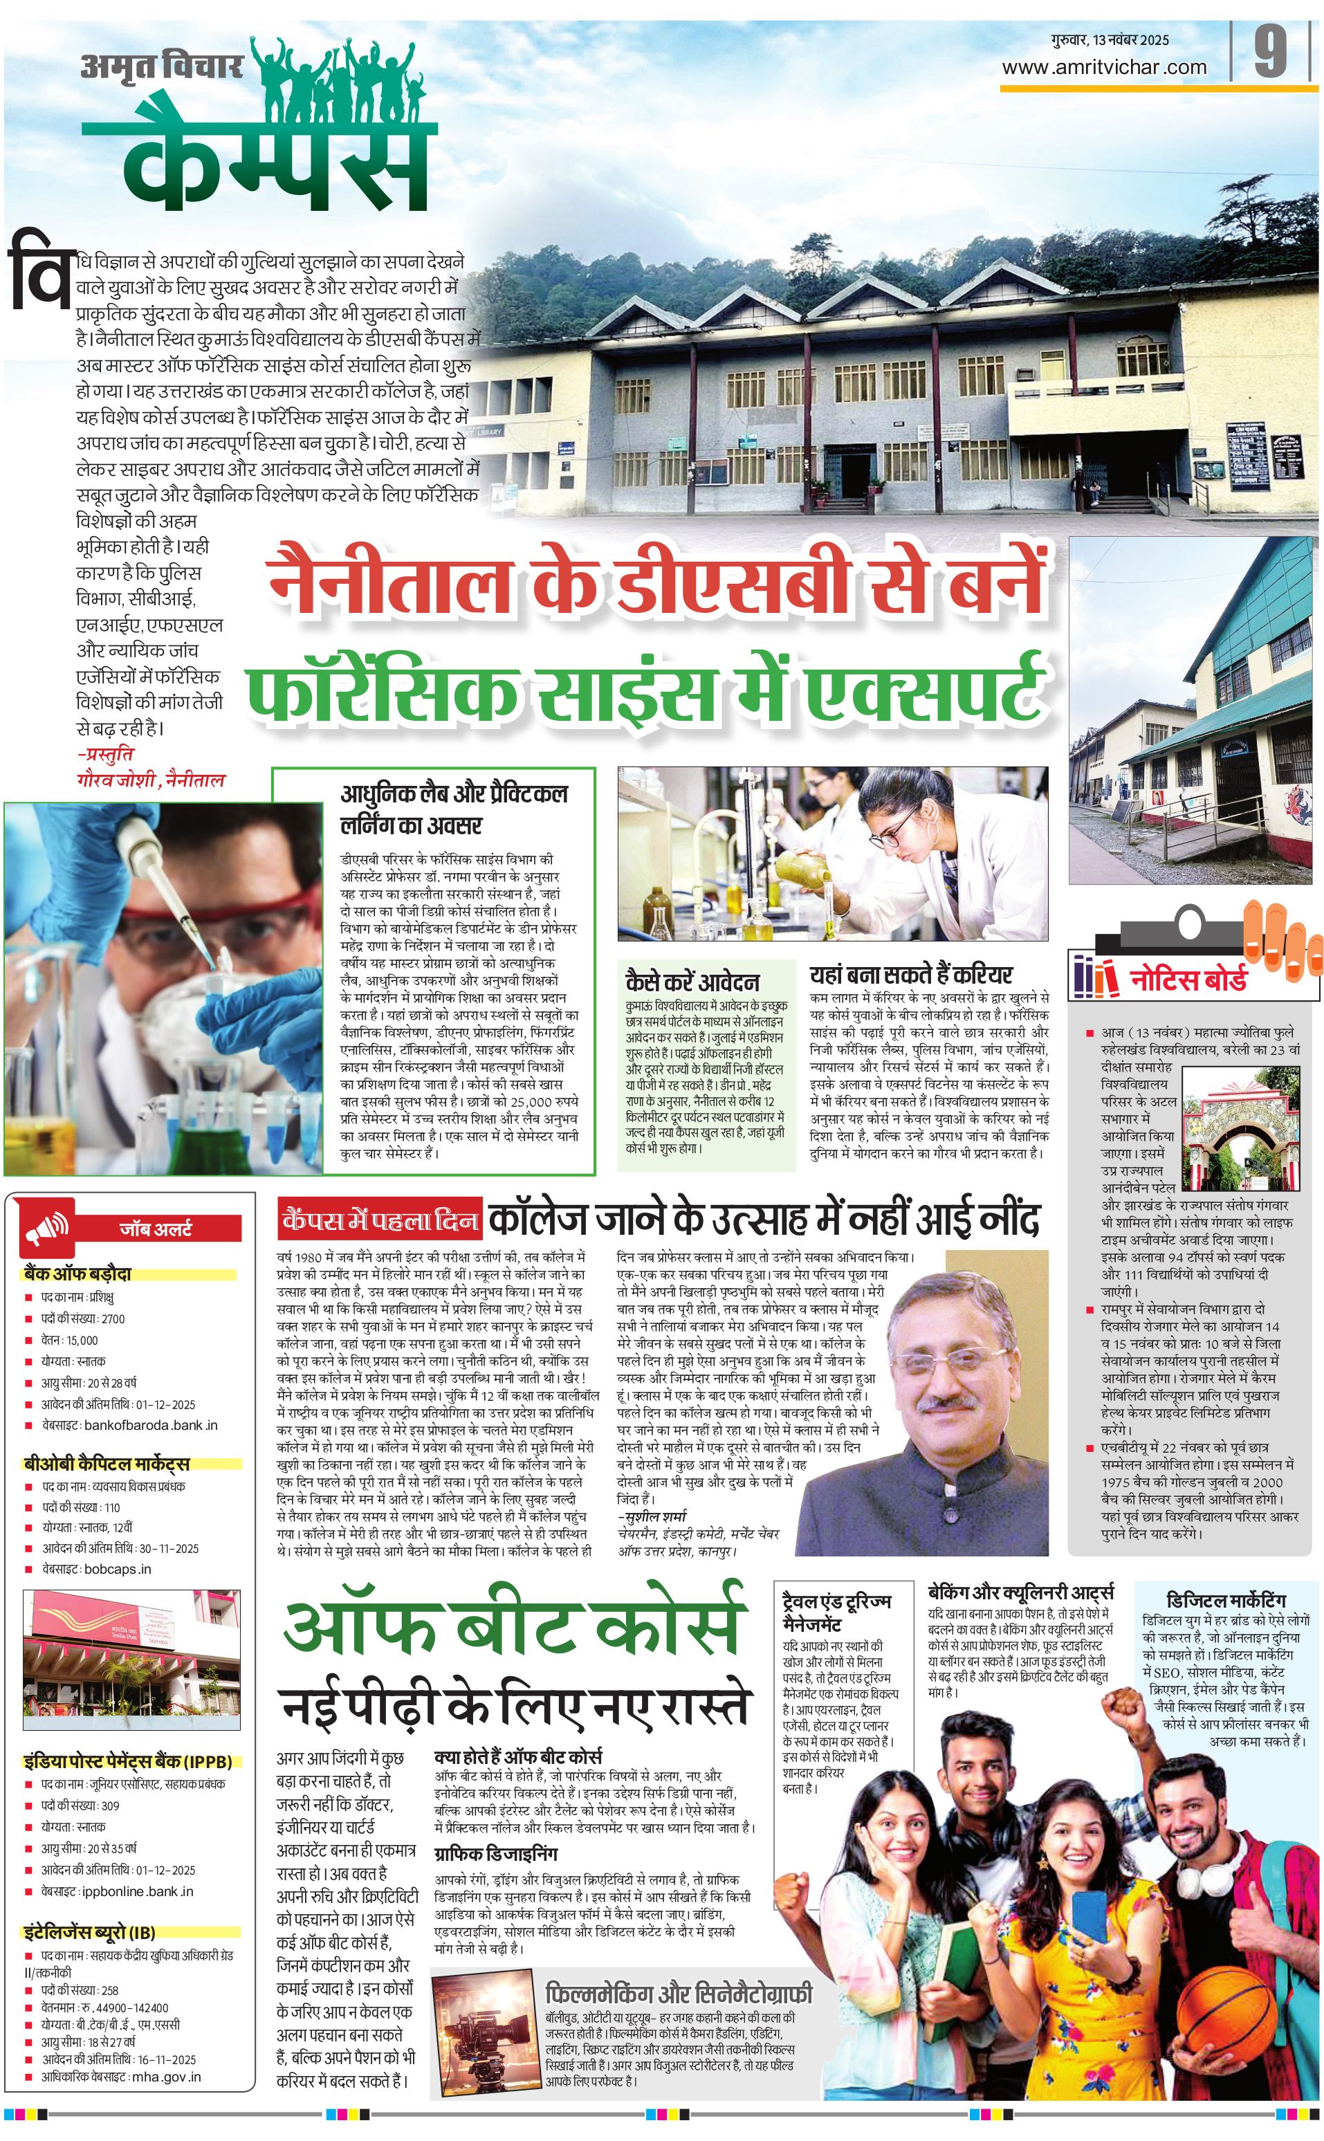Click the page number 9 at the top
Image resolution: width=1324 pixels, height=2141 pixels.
tap(1271, 53)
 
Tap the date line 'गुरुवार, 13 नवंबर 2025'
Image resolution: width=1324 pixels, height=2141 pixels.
tap(1110, 40)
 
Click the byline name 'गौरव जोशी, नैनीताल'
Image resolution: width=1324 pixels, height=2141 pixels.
tap(151, 780)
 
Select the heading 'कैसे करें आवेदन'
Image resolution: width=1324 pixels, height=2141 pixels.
tap(692, 981)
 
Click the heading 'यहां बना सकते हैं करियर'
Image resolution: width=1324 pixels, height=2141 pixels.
tap(911, 975)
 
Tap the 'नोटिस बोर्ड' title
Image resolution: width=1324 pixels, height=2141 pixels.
tap(1188, 979)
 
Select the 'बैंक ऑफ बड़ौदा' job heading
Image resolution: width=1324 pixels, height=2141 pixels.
tap(79, 1274)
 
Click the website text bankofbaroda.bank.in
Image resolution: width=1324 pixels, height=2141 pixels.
tap(151, 1426)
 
